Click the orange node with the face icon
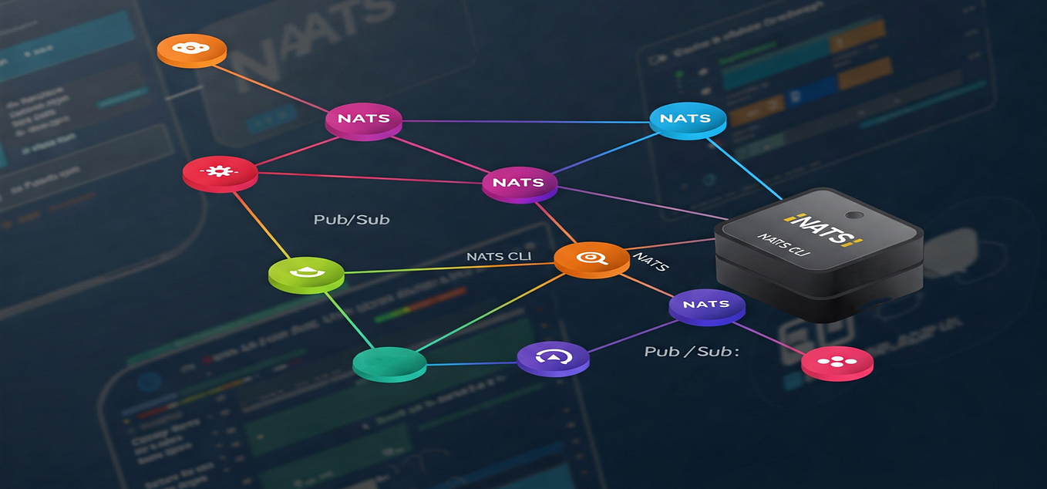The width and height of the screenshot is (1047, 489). pyautogui.click(x=191, y=48)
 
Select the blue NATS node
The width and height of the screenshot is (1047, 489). pyautogui.click(x=688, y=119)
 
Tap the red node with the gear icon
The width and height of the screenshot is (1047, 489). pyautogui.click(x=220, y=171)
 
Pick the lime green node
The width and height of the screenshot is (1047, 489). pyautogui.click(x=305, y=272)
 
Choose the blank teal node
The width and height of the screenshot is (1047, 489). pyautogui.click(x=389, y=363)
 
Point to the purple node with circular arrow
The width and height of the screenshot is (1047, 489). pyautogui.click(x=552, y=357)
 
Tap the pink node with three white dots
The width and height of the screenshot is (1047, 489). pyautogui.click(x=837, y=362)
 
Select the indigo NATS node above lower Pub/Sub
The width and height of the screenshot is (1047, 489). pyautogui.click(x=706, y=305)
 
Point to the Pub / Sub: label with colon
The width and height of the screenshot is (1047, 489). pyautogui.click(x=692, y=352)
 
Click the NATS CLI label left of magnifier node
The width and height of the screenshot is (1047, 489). pyautogui.click(x=498, y=256)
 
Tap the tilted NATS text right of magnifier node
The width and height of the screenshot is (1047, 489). pyautogui.click(x=649, y=260)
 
